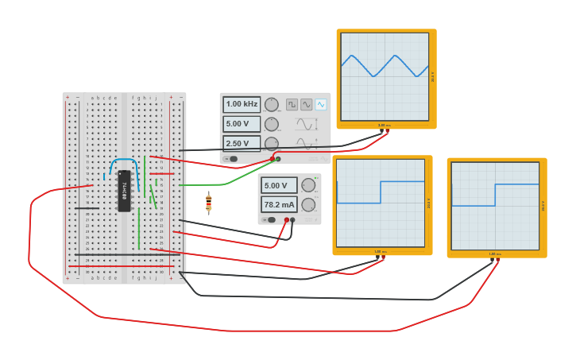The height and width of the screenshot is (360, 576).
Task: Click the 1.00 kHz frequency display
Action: (242, 104)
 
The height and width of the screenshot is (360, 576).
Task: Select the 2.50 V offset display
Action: (242, 144)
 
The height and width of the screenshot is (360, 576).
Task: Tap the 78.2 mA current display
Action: (279, 204)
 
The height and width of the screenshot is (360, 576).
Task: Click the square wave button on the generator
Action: (292, 104)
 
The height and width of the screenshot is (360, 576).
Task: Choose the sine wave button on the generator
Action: (306, 104)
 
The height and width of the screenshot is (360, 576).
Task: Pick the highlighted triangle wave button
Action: (320, 104)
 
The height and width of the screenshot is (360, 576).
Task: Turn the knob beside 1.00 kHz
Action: (272, 104)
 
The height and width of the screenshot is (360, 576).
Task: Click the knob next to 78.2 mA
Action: (308, 204)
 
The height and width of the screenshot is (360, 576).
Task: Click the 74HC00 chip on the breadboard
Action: (124, 191)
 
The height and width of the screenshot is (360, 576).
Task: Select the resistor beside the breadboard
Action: (209, 203)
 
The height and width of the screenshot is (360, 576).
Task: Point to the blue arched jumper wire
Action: (123, 162)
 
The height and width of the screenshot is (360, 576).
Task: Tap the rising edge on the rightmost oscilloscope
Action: (496, 195)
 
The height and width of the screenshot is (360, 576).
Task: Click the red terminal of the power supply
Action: (287, 220)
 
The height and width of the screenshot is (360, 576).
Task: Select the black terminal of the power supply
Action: (293, 220)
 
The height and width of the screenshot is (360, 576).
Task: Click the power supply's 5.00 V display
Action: (279, 185)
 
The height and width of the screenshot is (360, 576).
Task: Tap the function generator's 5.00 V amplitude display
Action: (242, 124)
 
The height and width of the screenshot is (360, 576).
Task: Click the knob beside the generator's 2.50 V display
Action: (272, 144)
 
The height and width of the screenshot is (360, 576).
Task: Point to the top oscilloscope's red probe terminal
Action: (386, 132)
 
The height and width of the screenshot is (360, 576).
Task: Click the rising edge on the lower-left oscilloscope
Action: (381, 192)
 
